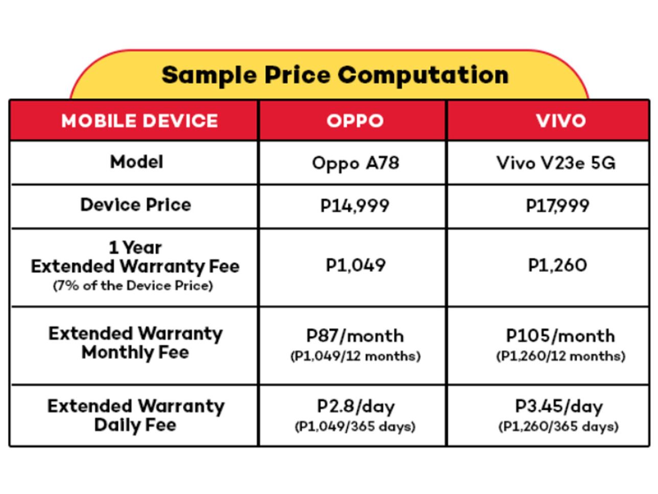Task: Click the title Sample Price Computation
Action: (x=335, y=75)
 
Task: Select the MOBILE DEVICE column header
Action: (x=139, y=121)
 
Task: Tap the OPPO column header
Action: (x=355, y=121)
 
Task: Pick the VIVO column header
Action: (x=560, y=121)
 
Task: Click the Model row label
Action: (x=136, y=162)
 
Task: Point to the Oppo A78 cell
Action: (x=355, y=164)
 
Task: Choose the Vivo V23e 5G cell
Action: (x=556, y=164)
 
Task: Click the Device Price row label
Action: (x=136, y=205)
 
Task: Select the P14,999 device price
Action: (x=355, y=206)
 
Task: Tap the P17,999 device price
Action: (x=557, y=206)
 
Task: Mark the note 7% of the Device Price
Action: (x=133, y=286)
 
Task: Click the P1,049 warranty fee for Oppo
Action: (x=356, y=265)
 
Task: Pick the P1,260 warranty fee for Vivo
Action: (x=557, y=265)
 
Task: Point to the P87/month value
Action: (x=355, y=336)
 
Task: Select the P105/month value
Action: (x=560, y=336)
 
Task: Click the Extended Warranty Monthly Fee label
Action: (x=135, y=343)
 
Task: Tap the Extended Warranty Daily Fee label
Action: (x=135, y=415)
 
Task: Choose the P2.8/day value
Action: (x=356, y=407)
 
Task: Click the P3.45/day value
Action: (x=559, y=407)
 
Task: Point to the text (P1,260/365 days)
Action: (x=558, y=426)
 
